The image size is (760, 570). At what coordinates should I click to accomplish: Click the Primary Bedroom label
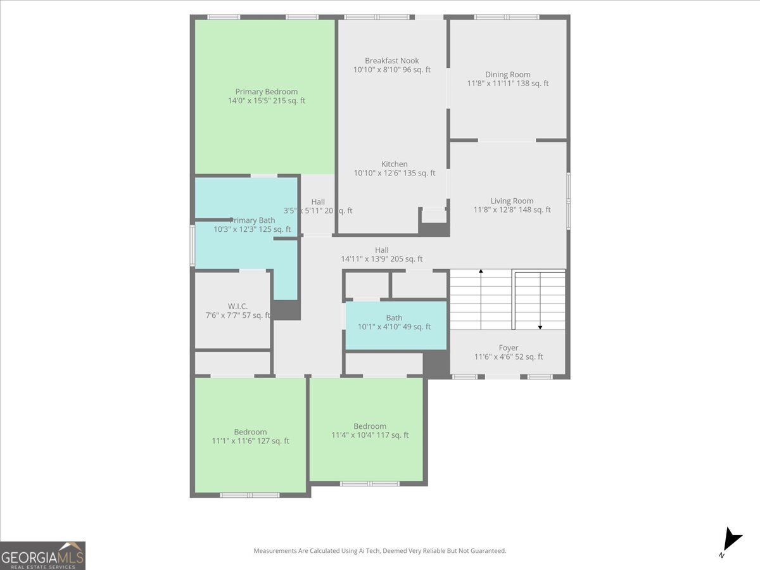pos(266,92)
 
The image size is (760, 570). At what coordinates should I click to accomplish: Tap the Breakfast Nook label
pos(391,61)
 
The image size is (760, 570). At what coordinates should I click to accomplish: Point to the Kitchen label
pos(394,164)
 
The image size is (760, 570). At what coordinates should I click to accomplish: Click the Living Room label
pos(512,201)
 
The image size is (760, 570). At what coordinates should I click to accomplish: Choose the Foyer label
pos(508,348)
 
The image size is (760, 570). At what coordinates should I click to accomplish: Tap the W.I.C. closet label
pos(237,307)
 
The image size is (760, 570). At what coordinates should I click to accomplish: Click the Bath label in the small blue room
pos(394,318)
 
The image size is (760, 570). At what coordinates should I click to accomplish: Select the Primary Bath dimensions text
pos(252,229)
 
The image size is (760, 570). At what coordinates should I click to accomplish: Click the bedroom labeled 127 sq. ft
pos(250,436)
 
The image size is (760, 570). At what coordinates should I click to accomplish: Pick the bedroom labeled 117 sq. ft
pos(369,431)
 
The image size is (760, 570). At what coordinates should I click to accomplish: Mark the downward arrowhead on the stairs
pos(540,327)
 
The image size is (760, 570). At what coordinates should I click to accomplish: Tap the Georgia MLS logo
pos(43,555)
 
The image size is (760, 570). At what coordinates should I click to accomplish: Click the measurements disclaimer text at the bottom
pos(380,551)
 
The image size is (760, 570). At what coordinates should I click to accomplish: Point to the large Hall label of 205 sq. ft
pos(381,255)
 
